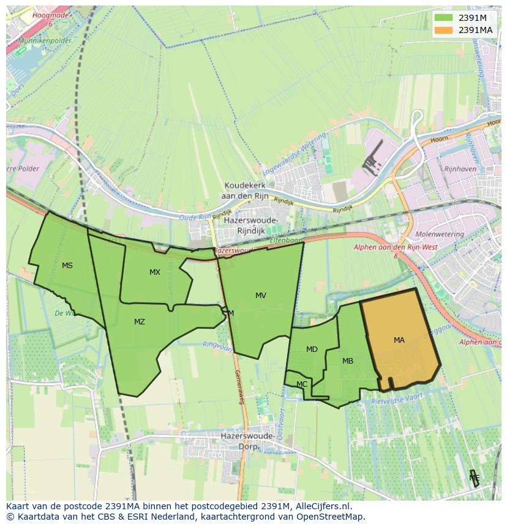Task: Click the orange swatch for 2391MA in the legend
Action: point(443,30)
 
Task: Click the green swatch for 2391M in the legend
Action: point(443,18)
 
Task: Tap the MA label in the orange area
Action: point(399,340)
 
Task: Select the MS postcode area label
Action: point(67,266)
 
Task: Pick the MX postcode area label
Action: point(155,272)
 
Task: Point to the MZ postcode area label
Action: point(140,322)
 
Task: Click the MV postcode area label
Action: point(261,296)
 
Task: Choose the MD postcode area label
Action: point(312,349)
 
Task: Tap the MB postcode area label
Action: point(348,361)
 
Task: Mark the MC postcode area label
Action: point(302,384)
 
